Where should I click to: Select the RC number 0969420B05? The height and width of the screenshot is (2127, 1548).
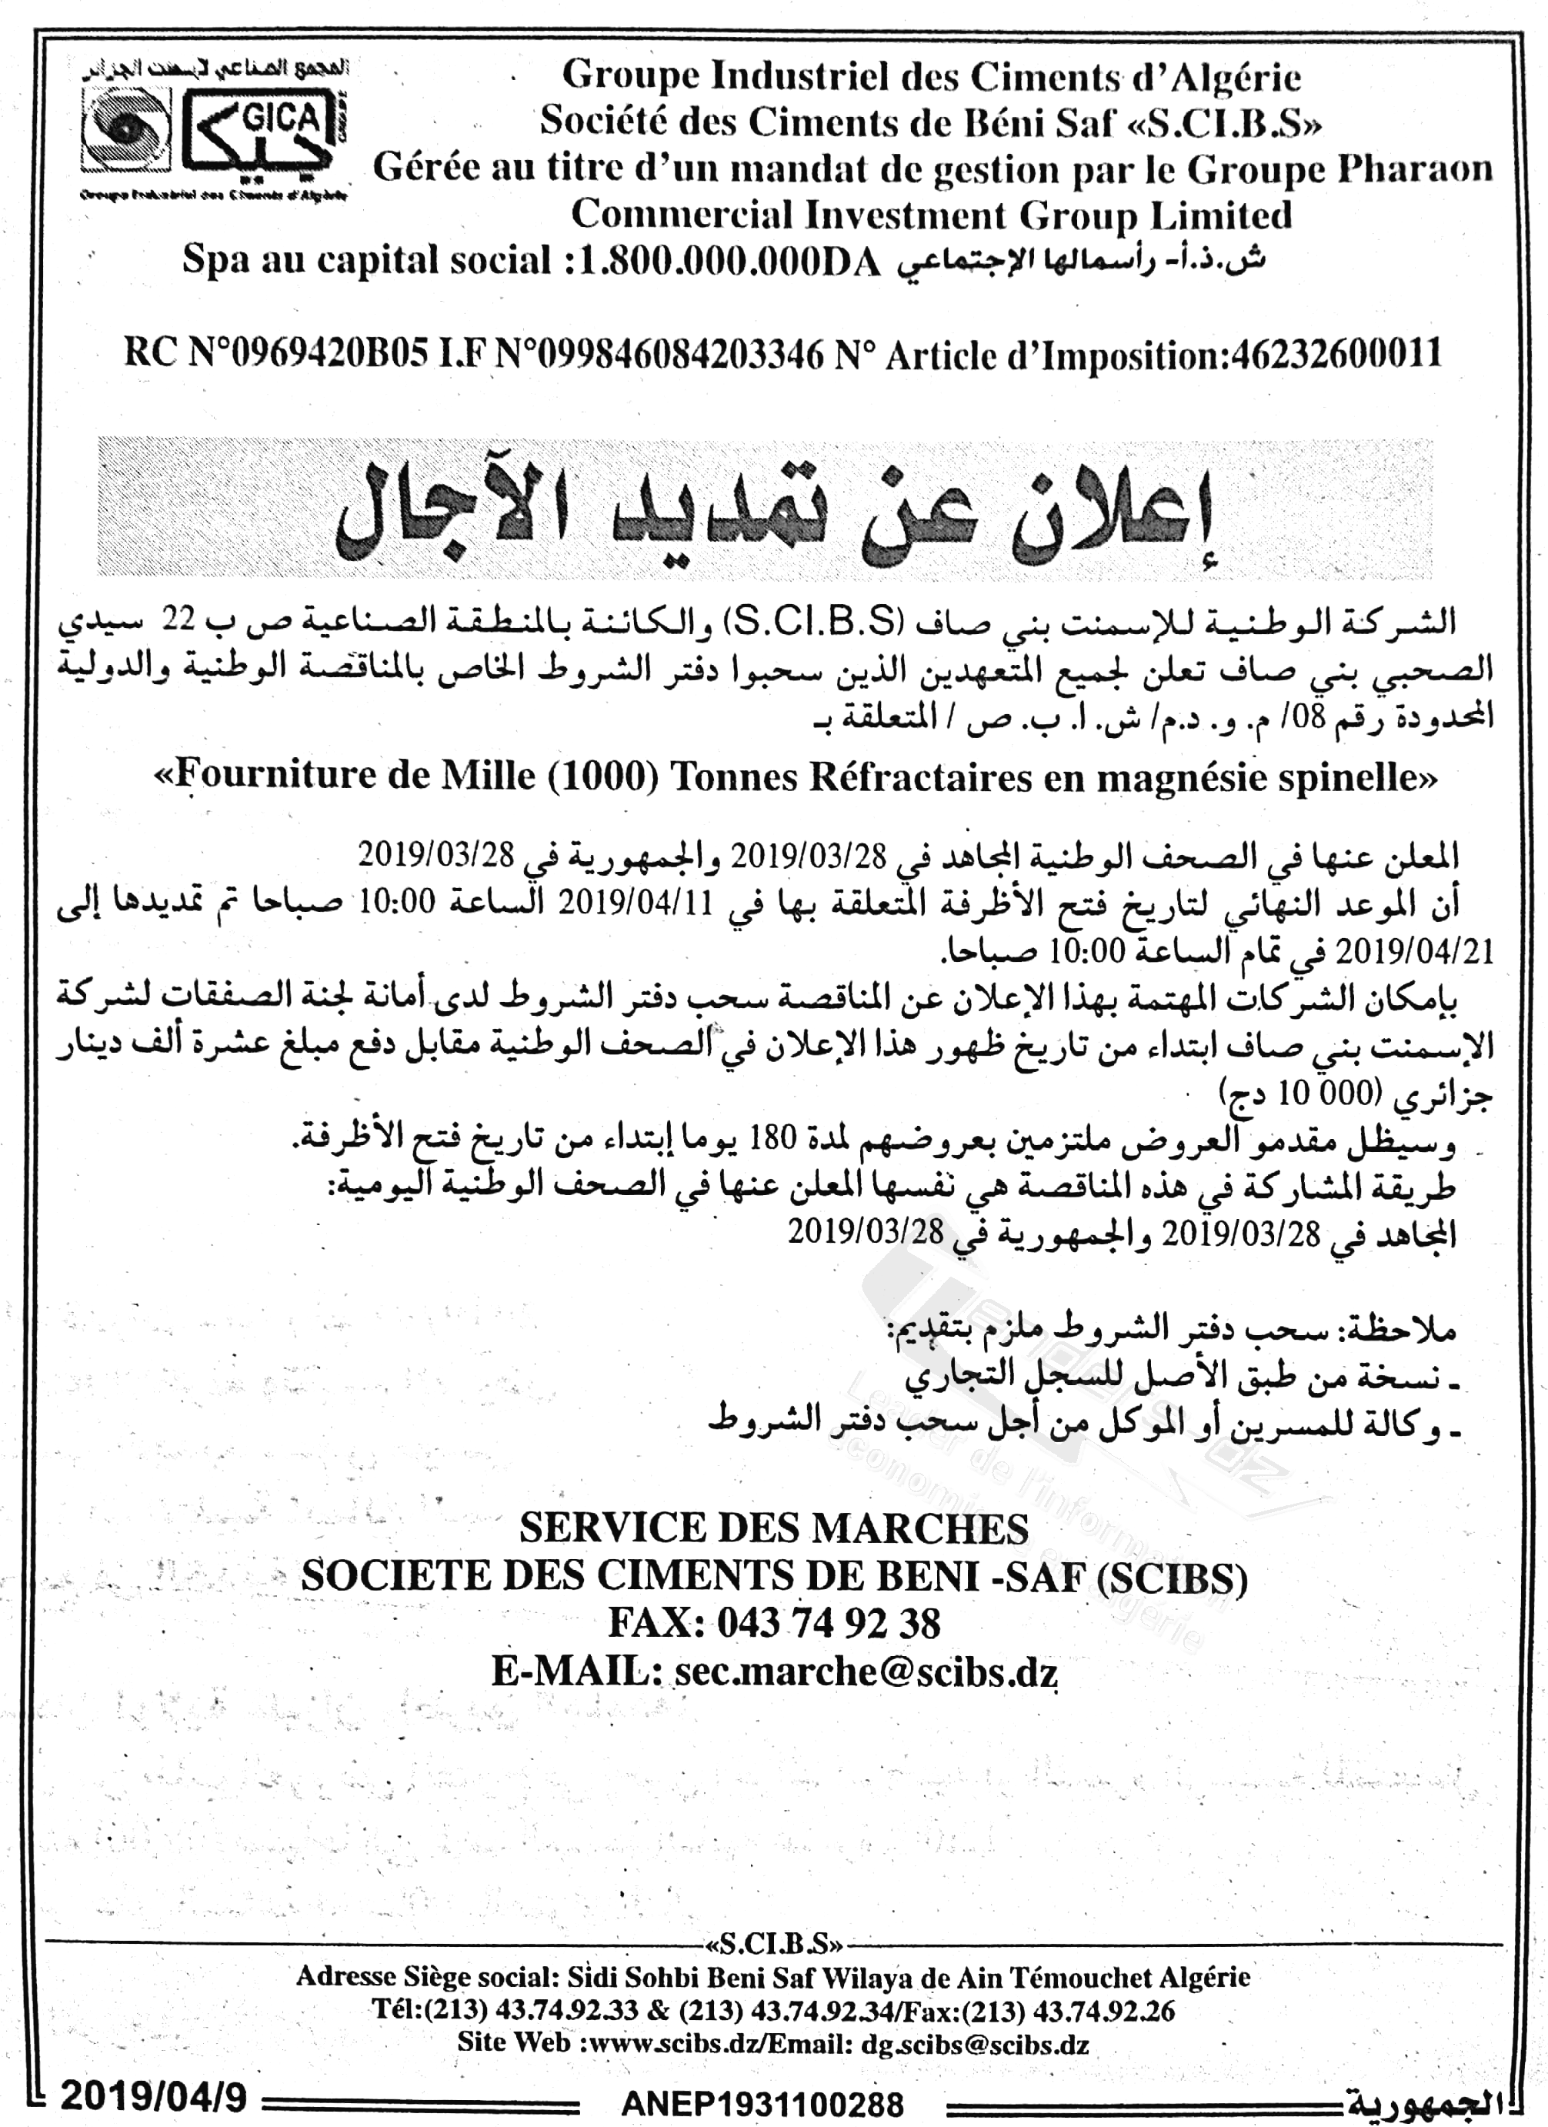click(309, 355)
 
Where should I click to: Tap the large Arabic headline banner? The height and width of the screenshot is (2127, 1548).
click(764, 507)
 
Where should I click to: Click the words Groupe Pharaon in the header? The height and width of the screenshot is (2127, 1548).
click(1339, 169)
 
